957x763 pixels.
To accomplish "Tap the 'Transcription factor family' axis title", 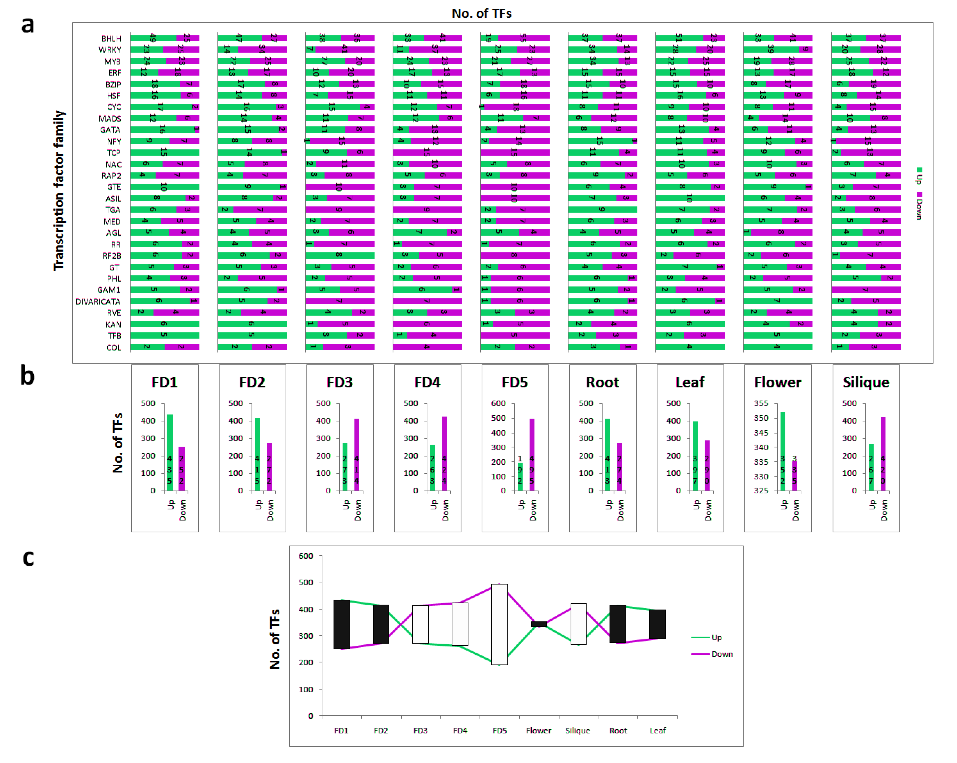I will pos(59,191).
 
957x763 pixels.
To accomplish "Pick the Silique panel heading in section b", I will pos(866,382).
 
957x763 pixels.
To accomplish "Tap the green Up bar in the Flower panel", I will pos(783,451).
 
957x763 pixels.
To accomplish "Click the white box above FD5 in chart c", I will pos(499,624).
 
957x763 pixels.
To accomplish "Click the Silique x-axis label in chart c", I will pos(577,730).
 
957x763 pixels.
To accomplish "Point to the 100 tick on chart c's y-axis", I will pos(305,689).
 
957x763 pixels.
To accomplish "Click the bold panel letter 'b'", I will pos(27,376).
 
